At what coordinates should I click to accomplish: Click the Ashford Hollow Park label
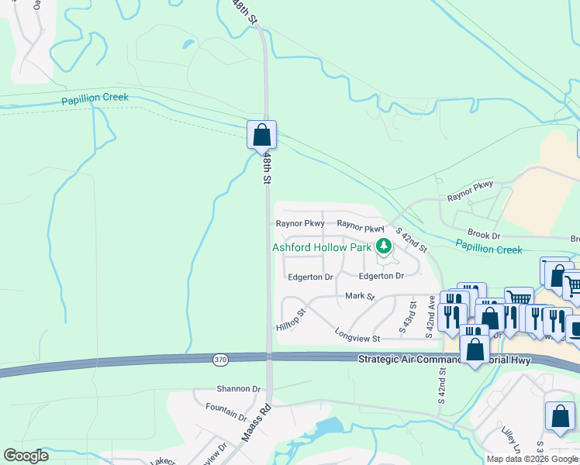pos(322,248)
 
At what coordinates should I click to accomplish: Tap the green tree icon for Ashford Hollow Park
pos(383,247)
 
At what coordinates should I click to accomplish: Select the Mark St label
pos(360,296)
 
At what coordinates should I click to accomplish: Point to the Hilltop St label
pos(292,321)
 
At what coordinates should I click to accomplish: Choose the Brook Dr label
pos(484,234)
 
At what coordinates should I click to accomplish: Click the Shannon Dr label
pos(239,388)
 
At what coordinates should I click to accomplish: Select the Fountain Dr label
pos(226,410)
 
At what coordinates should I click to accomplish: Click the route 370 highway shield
pos(221,360)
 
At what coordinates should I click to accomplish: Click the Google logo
pos(26,456)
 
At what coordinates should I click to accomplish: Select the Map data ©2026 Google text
pos(532,459)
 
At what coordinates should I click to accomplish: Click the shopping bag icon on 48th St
pos(262,135)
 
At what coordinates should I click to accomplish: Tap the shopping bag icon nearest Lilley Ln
pos(560,416)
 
